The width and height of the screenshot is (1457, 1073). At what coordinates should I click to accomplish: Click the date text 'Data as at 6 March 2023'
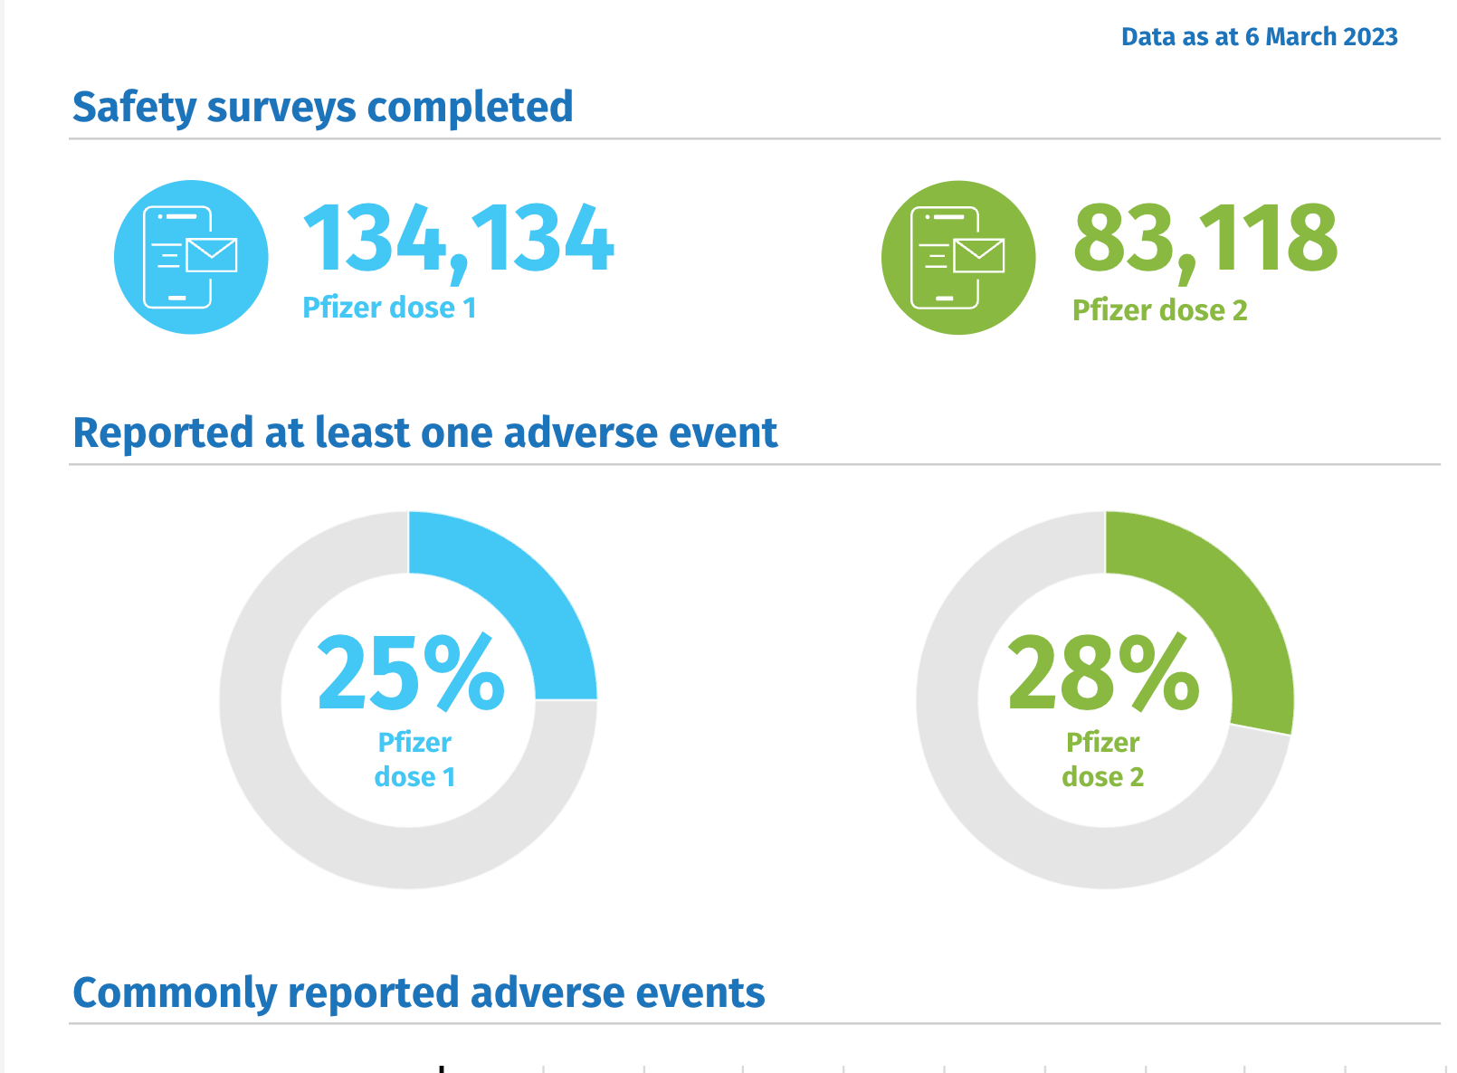coord(1259,37)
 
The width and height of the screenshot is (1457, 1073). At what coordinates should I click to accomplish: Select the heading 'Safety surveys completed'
coord(322,107)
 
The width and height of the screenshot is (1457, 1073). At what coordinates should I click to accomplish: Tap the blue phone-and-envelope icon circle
coord(191,257)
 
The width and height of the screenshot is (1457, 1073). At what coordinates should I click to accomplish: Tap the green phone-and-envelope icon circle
coord(958,257)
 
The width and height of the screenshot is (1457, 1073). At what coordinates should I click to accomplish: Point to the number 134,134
coord(458,239)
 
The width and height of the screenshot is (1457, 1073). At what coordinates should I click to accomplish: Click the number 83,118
coord(1205,239)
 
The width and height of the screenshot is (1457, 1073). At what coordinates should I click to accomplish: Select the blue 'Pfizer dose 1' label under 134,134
coord(389,309)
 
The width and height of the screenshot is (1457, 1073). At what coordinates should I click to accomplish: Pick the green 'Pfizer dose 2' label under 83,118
coord(1159,310)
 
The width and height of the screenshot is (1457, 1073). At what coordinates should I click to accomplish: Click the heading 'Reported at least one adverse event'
coord(424,432)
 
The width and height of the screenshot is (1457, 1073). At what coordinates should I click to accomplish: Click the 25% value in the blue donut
coord(410,673)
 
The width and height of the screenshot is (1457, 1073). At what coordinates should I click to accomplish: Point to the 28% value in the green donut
coord(1103,673)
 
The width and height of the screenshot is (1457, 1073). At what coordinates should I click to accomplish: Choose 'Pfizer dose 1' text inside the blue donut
coord(414,760)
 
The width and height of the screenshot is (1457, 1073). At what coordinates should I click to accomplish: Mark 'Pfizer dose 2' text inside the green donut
coord(1102,760)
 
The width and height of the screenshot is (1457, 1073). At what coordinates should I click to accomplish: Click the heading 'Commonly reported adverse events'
coord(418,992)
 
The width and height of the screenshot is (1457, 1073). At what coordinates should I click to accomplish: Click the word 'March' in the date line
coord(1299,37)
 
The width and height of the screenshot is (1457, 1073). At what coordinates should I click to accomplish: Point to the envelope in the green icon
coord(978,255)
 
